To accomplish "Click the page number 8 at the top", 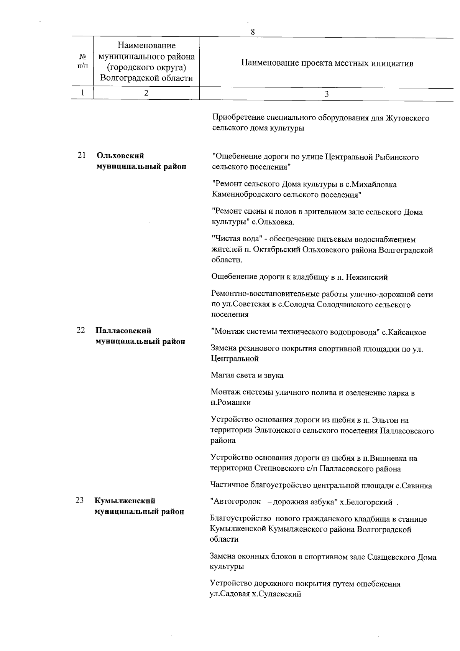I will pyautogui.click(x=253, y=32).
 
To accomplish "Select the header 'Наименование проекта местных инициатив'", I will pyautogui.click(x=327, y=63).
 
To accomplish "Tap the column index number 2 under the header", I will pyautogui.click(x=146, y=92).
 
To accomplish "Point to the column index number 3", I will pyautogui.click(x=326, y=94).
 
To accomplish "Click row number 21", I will pyautogui.click(x=81, y=155).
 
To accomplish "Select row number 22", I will pyautogui.click(x=80, y=330).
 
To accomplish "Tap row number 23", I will pyautogui.click(x=79, y=501).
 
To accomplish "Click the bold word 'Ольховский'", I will pyautogui.click(x=120, y=156).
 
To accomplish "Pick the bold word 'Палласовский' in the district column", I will pyautogui.click(x=123, y=331).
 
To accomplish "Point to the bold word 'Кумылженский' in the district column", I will pyautogui.click(x=125, y=501).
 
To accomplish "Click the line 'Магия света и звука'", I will pyautogui.click(x=247, y=375).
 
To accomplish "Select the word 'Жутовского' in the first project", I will pyautogui.click(x=407, y=118).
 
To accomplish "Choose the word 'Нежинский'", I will pyautogui.click(x=370, y=277).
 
